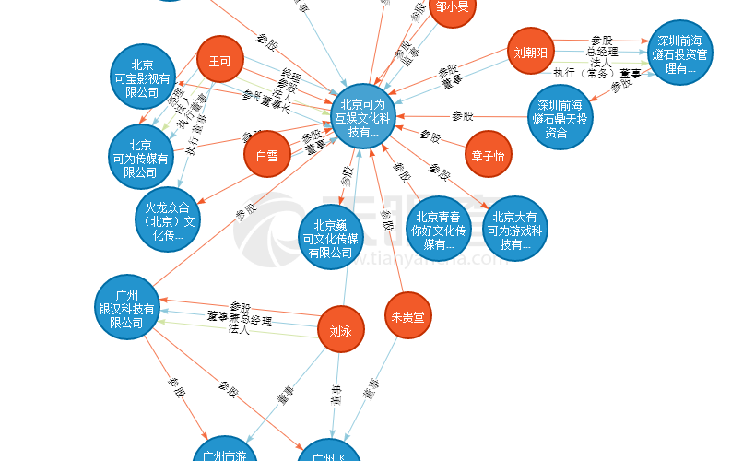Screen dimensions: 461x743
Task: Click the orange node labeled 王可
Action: pos(219,61)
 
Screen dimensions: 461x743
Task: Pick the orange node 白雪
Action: pos(266,155)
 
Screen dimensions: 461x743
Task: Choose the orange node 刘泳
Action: pos(340,331)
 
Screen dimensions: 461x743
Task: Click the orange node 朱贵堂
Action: pos(407,317)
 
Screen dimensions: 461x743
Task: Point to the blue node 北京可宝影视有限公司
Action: pos(141,77)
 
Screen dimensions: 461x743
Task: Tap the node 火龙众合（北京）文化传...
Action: pos(167,220)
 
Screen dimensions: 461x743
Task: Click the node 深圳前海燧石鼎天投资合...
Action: pos(561,116)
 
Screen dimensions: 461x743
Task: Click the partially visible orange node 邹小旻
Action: pos(453,9)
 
